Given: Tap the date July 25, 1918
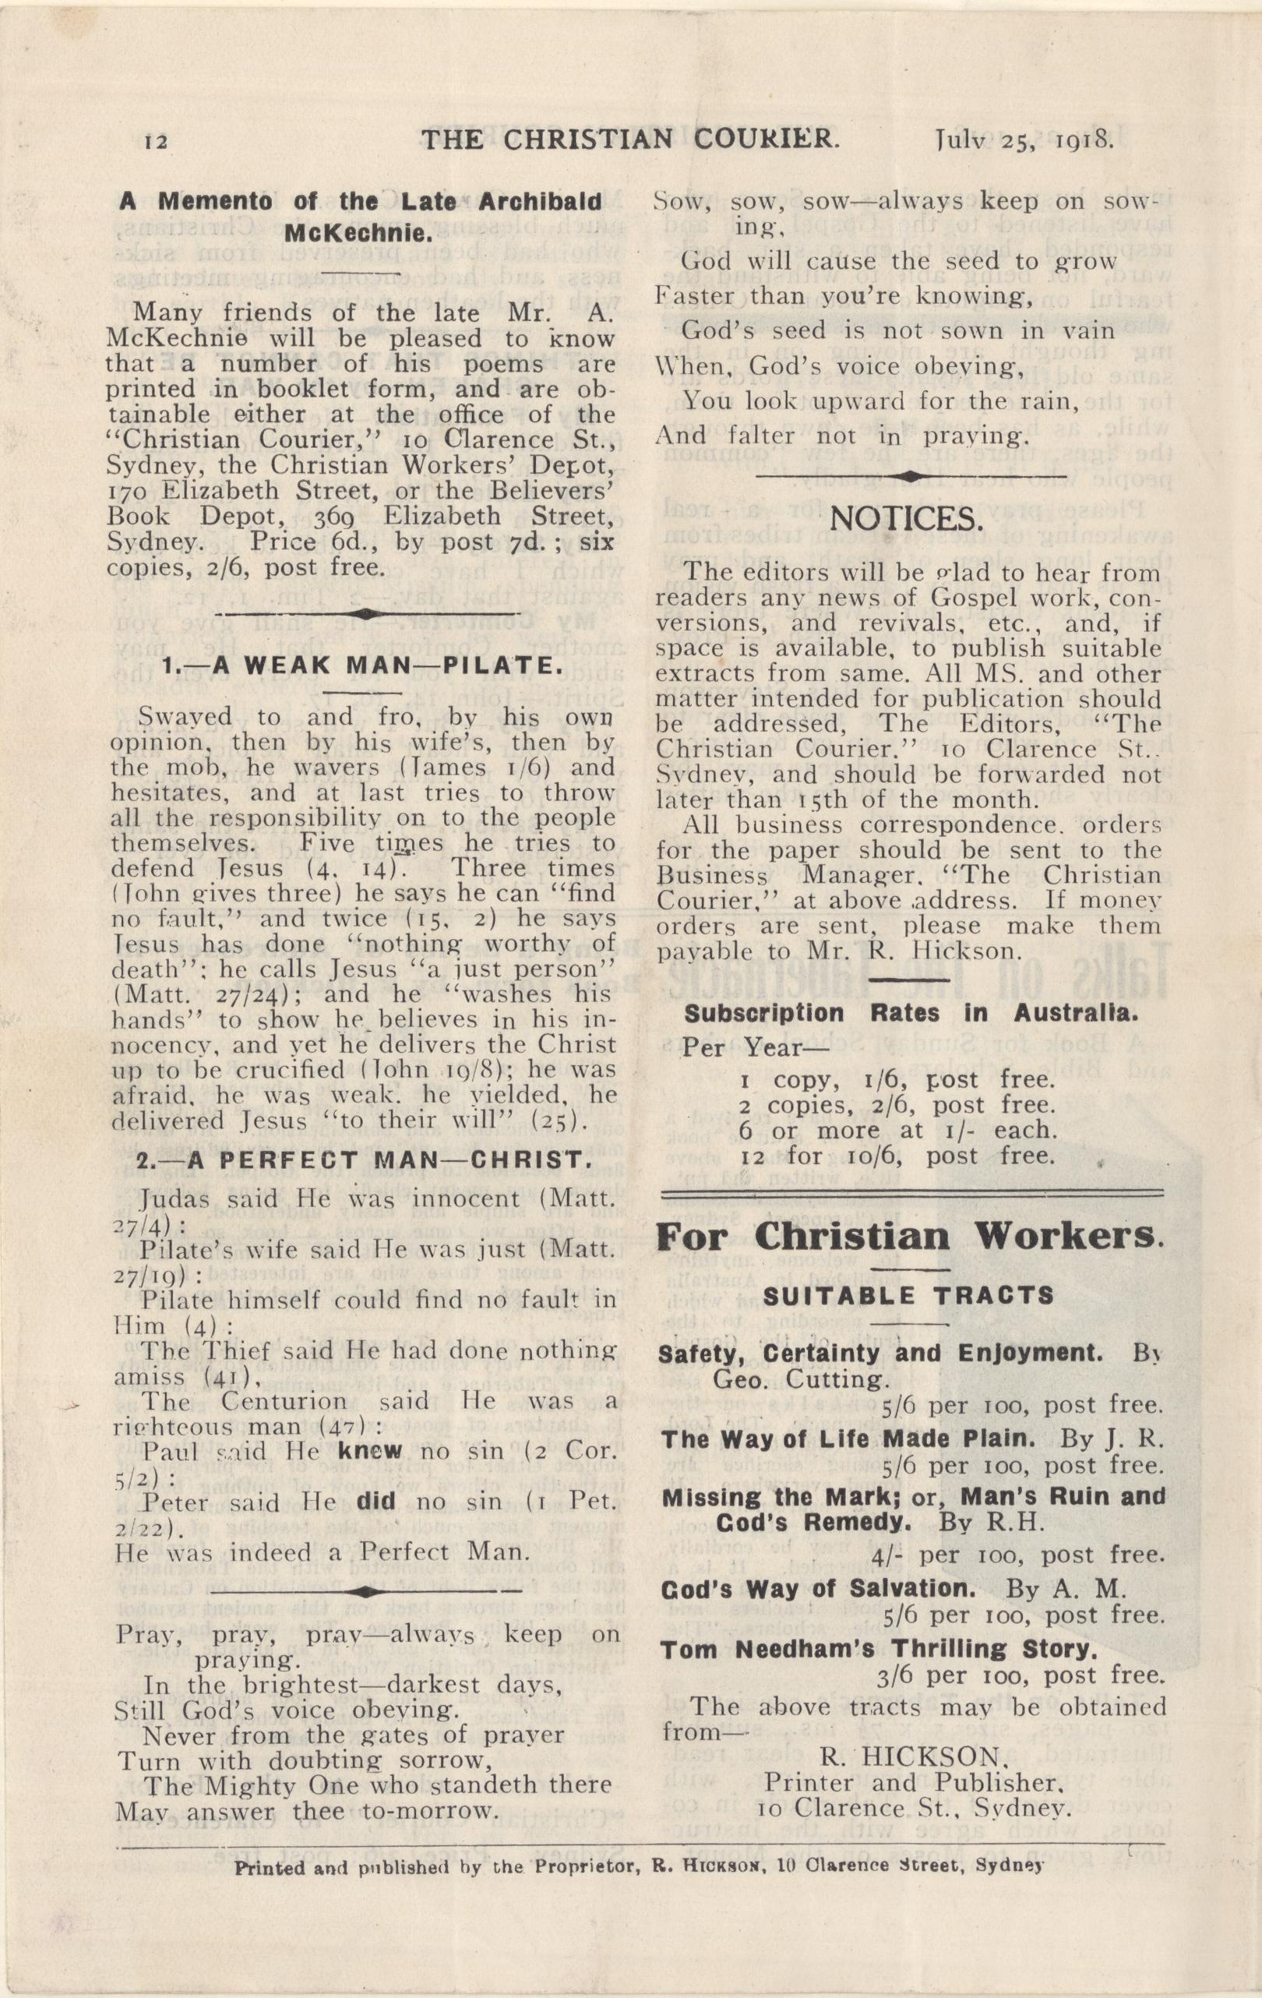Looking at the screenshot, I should tap(1023, 139).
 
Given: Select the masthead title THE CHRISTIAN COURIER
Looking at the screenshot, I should tap(629, 139).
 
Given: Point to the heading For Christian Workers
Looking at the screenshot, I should tap(909, 1237).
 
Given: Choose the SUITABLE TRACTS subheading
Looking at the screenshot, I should tap(908, 1296).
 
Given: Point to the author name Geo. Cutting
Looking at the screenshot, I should tap(800, 1380).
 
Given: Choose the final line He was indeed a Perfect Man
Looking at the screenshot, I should tap(322, 1552).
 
